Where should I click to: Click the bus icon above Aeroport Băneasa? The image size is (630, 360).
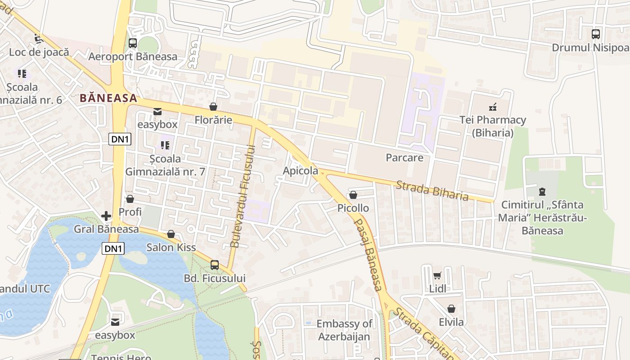133,43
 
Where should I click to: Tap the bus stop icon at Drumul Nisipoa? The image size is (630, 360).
595,34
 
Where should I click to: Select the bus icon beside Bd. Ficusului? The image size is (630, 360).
215,265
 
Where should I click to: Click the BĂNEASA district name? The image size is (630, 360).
108,98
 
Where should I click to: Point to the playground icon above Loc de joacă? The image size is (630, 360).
39,39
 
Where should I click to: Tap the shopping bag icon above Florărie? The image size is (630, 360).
213,107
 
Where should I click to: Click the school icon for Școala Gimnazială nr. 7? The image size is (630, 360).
165,145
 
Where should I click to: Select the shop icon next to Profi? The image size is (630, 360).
130,198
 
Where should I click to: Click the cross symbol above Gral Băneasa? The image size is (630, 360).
106,216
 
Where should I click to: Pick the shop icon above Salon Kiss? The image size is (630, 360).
171,234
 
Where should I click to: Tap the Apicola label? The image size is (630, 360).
300,171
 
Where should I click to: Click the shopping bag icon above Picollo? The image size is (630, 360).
353,195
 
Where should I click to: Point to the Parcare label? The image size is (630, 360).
405,157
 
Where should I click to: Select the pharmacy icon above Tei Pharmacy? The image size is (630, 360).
493,107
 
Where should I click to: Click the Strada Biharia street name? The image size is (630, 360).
432,191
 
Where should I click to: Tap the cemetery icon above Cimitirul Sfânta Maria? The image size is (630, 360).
542,192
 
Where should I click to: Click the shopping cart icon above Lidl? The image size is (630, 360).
437,275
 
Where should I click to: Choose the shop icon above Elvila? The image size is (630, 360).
451,309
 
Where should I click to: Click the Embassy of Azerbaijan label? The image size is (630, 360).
344,330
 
